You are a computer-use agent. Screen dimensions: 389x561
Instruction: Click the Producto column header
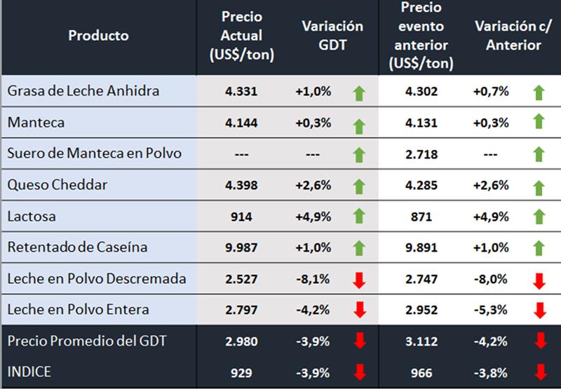98,35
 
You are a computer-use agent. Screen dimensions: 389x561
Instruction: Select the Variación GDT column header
332,35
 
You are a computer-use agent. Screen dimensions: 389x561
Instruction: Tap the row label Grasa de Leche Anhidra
83,91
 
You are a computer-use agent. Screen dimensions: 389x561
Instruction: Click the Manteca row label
36,123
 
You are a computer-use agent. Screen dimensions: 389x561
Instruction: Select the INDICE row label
29,372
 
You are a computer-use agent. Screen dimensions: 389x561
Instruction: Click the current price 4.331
242,91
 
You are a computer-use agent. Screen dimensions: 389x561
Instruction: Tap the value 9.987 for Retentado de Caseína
242,247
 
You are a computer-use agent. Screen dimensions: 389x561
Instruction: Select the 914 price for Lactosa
242,217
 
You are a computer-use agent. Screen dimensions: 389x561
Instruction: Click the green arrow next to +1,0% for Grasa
359,93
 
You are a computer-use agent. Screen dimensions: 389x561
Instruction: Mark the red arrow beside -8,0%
539,280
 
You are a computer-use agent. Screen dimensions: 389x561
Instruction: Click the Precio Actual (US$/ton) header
242,35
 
